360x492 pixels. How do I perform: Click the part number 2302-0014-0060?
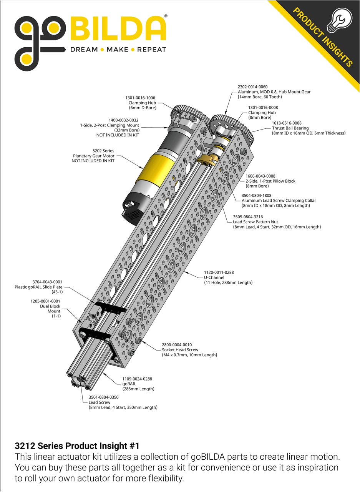(x=252, y=87)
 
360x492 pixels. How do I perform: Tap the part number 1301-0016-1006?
(x=140, y=98)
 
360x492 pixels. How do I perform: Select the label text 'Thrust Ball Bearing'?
(x=290, y=128)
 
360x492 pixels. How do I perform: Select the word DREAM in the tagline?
(x=84, y=50)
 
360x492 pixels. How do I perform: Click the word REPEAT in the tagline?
(x=151, y=50)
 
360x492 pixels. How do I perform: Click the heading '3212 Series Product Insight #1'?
(x=77, y=446)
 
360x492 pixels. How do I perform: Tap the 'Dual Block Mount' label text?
(x=50, y=309)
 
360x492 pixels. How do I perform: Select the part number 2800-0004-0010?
(x=177, y=345)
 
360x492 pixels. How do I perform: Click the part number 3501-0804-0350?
(x=104, y=397)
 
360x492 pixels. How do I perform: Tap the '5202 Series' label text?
(x=103, y=151)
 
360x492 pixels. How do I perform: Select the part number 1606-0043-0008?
(x=260, y=176)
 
